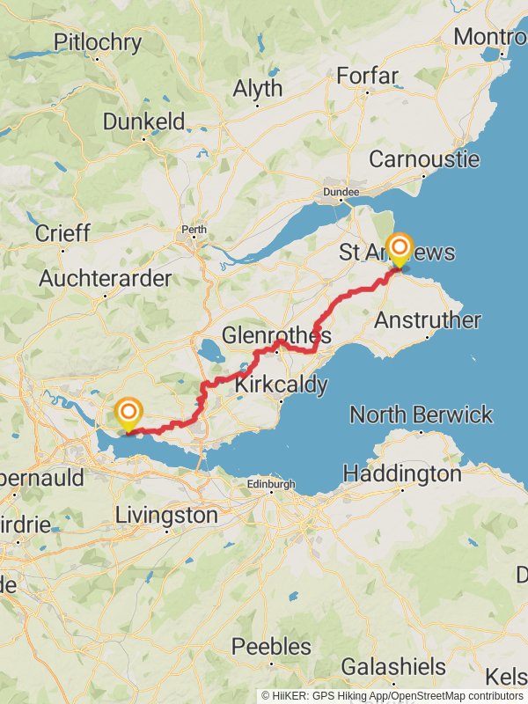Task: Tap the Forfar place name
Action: click(369, 76)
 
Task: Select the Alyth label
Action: click(258, 88)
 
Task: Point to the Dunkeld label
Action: click(143, 121)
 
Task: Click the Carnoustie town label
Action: click(424, 159)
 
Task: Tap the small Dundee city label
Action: click(341, 192)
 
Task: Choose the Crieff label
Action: click(62, 233)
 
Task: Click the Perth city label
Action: click(194, 231)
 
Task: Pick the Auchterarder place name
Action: click(106, 278)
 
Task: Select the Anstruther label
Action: click(428, 320)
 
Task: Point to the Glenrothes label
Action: click(276, 336)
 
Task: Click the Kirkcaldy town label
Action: click(281, 384)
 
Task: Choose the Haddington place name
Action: click(401, 473)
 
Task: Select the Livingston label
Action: click(166, 515)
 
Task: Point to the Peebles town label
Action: click(271, 647)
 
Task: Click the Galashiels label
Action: click(387, 664)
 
